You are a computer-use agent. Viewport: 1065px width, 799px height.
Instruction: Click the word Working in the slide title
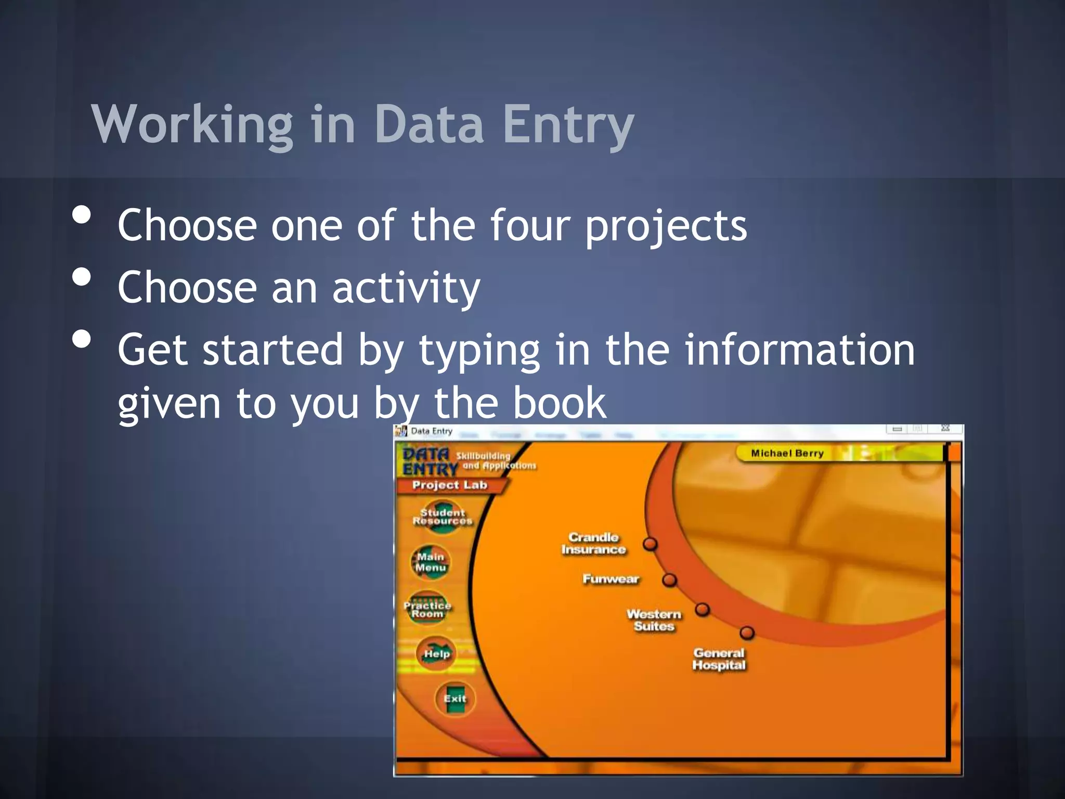(192, 125)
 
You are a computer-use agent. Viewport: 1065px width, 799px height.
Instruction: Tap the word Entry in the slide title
(568, 125)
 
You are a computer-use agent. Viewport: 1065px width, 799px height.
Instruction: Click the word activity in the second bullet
(406, 288)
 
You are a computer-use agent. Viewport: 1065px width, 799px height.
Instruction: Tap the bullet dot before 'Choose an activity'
(82, 277)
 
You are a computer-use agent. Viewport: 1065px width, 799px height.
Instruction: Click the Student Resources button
(443, 517)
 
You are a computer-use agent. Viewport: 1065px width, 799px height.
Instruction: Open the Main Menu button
(431, 562)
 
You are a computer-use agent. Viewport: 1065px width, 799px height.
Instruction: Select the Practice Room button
(427, 609)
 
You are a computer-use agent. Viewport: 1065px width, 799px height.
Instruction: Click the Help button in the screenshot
(436, 654)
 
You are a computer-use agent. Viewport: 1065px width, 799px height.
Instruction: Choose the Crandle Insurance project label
(593, 544)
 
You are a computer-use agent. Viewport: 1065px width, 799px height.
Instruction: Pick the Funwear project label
(611, 579)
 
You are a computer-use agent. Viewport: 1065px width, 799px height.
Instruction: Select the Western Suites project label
(654, 620)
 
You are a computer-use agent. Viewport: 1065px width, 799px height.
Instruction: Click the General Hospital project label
(719, 659)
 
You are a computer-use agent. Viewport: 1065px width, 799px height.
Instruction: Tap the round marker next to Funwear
(669, 580)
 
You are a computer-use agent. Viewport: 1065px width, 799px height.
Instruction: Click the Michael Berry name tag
(787, 453)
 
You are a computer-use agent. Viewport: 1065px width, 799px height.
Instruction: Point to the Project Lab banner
(449, 485)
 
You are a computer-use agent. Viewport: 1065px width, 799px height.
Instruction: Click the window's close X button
(945, 429)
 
